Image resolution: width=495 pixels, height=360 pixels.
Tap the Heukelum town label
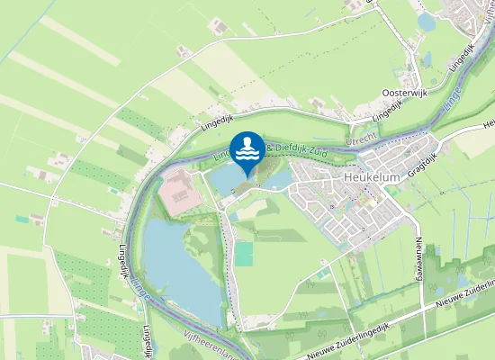click(372, 178)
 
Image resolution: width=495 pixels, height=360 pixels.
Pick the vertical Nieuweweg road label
click(419, 253)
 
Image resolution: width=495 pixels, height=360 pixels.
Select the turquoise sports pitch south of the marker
click(244, 254)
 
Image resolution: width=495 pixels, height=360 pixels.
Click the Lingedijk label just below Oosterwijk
click(386, 112)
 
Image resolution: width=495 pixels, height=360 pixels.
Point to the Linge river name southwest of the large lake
click(138, 287)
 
